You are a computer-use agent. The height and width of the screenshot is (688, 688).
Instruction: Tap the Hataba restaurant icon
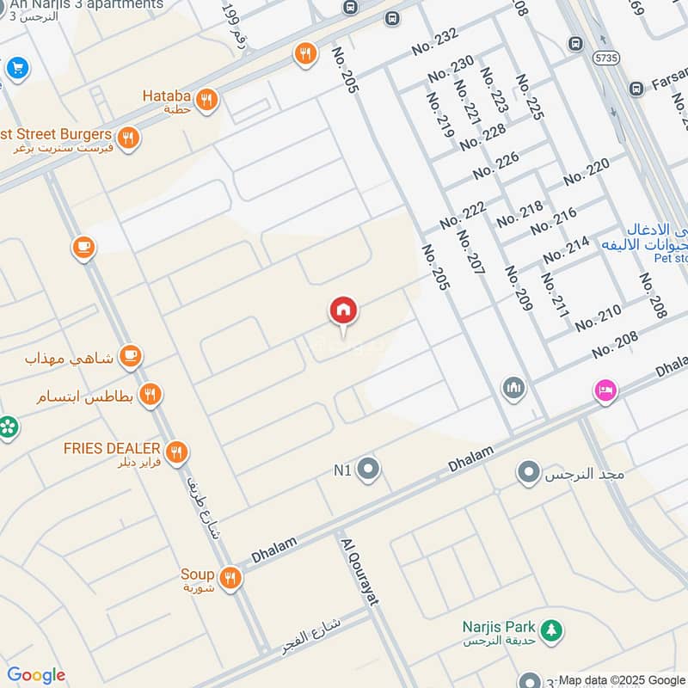tap(206, 101)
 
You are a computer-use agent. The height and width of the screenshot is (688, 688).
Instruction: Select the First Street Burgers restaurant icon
tap(128, 138)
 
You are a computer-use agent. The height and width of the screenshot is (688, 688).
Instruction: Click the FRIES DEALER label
tap(112, 449)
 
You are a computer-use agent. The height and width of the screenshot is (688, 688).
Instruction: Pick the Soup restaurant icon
tap(230, 579)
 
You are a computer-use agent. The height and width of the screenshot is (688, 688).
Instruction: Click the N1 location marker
tap(369, 470)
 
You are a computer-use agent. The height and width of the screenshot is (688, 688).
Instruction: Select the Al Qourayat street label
tap(360, 572)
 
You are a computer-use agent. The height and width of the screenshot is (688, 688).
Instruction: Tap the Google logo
tap(36, 676)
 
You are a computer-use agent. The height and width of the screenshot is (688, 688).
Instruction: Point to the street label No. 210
tap(598, 317)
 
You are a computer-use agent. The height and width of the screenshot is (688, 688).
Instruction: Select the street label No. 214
tap(566, 249)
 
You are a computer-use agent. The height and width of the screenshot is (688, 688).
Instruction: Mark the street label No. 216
tap(553, 221)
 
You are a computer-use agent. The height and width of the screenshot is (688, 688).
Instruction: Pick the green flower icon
tap(8, 427)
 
